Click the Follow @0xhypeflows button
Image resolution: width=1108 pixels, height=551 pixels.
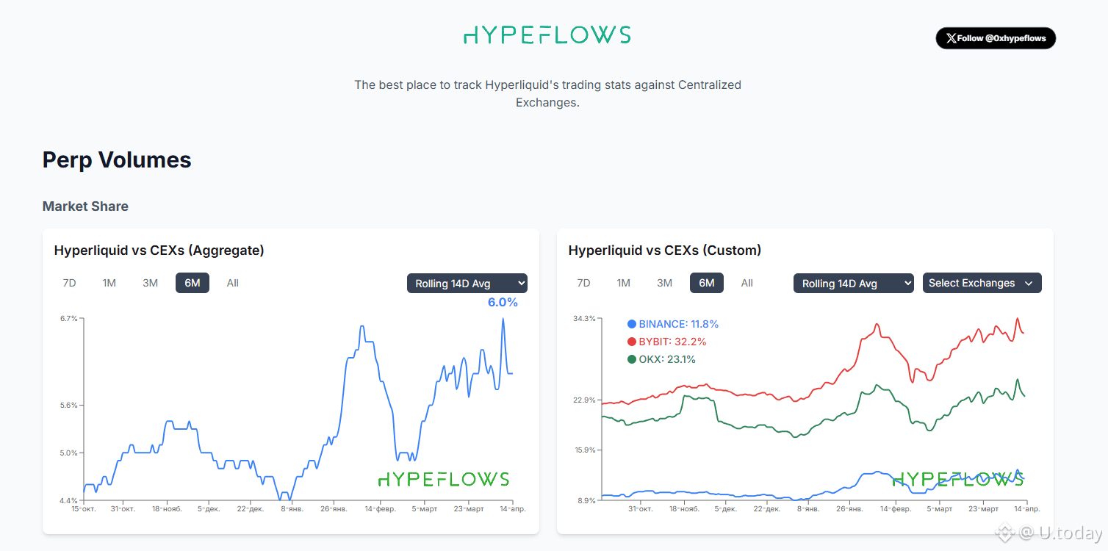click(996, 38)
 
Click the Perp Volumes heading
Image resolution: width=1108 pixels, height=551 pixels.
click(117, 160)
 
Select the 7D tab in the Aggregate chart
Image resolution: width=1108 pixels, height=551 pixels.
click(69, 283)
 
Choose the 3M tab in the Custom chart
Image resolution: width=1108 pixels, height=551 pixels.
click(664, 283)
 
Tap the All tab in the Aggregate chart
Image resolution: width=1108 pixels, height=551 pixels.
click(233, 283)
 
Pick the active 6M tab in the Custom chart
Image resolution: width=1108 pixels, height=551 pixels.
click(706, 283)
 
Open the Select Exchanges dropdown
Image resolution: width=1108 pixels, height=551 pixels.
click(982, 283)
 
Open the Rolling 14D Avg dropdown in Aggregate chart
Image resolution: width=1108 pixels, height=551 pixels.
click(467, 284)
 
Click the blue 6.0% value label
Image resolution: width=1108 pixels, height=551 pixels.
click(503, 302)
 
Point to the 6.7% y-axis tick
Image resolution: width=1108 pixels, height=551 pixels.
click(68, 318)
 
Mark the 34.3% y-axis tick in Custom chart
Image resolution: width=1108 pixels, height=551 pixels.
click(583, 318)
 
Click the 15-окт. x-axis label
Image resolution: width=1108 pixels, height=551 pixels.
click(83, 508)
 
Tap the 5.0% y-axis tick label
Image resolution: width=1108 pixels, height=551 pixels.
click(68, 453)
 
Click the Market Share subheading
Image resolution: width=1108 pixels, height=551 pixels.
click(85, 206)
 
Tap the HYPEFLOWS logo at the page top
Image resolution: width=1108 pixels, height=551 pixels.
click(547, 35)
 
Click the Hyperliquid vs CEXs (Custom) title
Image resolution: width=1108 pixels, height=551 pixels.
click(664, 251)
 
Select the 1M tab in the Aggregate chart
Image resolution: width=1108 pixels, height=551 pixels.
click(109, 283)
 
